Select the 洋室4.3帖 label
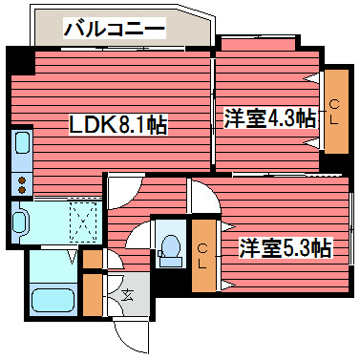click(x=270, y=118)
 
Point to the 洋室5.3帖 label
click(x=285, y=248)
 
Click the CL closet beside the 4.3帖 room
click(x=335, y=111)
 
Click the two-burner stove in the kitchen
click(x=21, y=181)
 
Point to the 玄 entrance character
click(x=126, y=292)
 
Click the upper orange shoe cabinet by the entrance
click(x=92, y=258)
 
